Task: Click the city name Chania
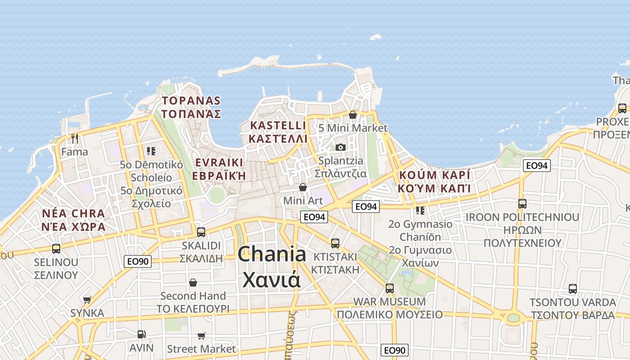(272, 255)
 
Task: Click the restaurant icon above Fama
(75, 138)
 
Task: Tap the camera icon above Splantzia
(341, 147)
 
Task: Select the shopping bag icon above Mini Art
(303, 187)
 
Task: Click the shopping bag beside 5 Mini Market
(353, 115)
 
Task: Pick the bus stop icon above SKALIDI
(201, 232)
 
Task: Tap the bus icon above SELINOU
(56, 248)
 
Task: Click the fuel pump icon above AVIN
(141, 334)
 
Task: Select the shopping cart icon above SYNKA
(87, 300)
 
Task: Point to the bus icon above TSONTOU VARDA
(572, 288)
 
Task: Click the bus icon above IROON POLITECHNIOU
(522, 203)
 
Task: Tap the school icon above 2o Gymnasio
(420, 210)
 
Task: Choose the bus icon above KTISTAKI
(335, 243)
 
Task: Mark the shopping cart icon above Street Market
(201, 336)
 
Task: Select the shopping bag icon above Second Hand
(193, 283)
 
